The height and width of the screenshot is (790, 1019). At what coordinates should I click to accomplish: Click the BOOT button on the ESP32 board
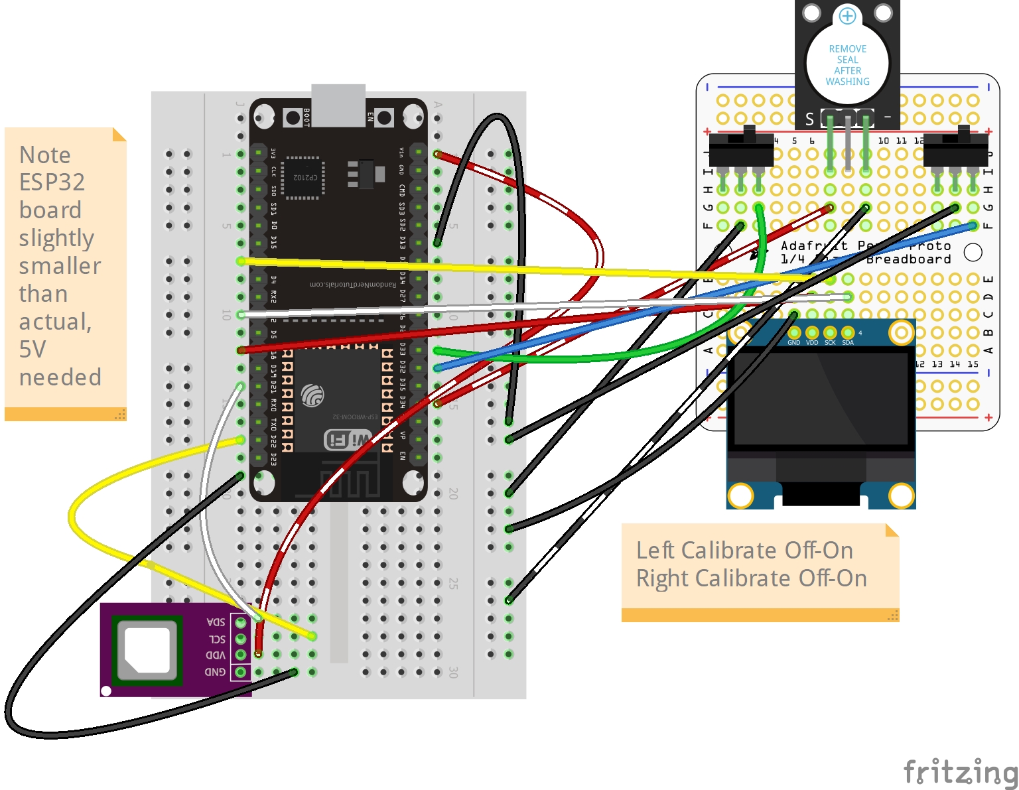(x=292, y=118)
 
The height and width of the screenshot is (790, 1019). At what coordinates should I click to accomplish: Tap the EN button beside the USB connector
(x=384, y=118)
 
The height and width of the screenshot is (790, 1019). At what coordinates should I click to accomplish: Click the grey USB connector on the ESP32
(x=338, y=105)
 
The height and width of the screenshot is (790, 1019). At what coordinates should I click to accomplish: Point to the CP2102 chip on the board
(x=303, y=178)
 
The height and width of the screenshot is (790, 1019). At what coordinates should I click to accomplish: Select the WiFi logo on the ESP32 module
(x=348, y=439)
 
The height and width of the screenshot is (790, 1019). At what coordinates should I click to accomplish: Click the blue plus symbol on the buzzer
(x=847, y=15)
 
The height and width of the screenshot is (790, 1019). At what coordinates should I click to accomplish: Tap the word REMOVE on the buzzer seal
(x=847, y=49)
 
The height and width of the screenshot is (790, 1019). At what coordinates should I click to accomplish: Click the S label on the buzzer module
(x=809, y=119)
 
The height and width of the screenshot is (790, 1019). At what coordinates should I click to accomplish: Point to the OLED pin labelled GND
(x=794, y=333)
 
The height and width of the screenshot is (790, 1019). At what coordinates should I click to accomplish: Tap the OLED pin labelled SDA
(x=848, y=333)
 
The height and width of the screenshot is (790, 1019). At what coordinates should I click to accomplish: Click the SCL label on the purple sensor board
(x=217, y=639)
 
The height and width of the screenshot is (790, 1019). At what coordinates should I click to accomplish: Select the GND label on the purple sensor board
(x=215, y=672)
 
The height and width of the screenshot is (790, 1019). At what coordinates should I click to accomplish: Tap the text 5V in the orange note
(x=33, y=349)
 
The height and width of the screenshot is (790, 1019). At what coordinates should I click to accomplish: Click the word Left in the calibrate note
(x=655, y=551)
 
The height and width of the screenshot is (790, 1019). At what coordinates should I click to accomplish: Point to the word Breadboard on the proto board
(x=908, y=259)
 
